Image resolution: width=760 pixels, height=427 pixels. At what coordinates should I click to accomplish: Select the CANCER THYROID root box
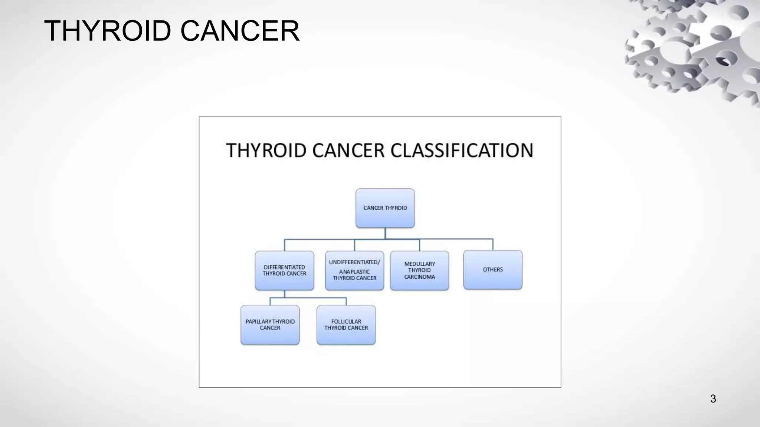pos(385,208)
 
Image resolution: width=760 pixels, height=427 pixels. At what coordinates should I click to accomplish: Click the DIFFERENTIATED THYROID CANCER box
pos(284,271)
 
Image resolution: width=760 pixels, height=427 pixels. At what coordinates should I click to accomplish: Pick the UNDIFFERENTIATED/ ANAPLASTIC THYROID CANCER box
pos(354,271)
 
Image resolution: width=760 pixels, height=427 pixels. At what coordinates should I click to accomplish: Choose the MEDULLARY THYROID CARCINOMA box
pos(419,271)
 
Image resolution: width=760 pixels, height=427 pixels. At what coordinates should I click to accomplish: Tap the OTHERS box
pos(492,270)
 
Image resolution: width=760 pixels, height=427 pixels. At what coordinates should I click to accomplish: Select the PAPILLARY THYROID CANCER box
pos(270,325)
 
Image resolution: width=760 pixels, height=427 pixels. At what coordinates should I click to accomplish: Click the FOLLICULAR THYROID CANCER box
pos(346,325)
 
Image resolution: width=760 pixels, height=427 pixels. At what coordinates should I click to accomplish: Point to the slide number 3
pos(713,399)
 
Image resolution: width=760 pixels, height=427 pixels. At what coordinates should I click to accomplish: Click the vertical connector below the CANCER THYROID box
pos(385,234)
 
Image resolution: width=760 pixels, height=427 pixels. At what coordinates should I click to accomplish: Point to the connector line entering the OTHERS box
pos(493,245)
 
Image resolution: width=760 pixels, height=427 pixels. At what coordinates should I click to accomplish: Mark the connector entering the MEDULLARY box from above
pos(420,245)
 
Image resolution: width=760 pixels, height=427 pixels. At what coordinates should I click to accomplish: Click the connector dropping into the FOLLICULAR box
pos(346,301)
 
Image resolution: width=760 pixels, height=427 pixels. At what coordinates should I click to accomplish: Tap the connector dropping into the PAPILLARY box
pos(270,301)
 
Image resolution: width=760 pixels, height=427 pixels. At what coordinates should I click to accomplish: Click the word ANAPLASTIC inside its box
pos(354,272)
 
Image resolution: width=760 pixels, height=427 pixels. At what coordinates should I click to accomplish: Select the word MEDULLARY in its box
pos(419,264)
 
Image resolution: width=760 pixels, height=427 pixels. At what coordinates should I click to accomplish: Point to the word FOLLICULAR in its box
pos(346,322)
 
